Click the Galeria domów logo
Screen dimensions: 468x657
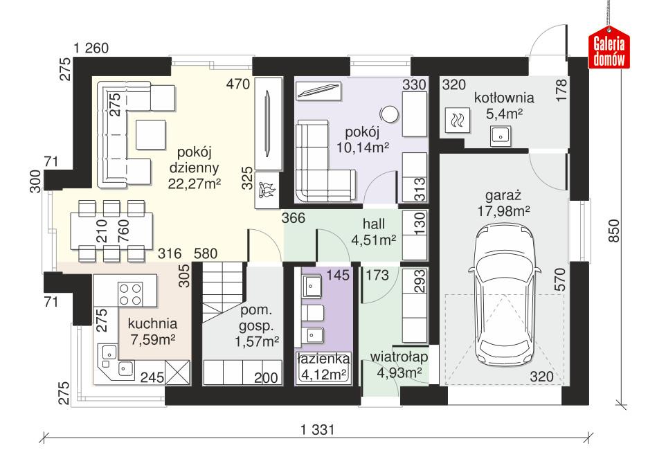609,51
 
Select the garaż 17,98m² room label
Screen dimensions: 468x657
503,202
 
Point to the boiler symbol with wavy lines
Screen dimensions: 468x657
458,121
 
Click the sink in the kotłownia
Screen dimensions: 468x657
500,136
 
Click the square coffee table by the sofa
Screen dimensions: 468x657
150,133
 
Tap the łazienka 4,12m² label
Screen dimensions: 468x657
323,368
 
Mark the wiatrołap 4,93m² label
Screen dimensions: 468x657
398,365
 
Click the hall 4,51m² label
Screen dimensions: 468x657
379,232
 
